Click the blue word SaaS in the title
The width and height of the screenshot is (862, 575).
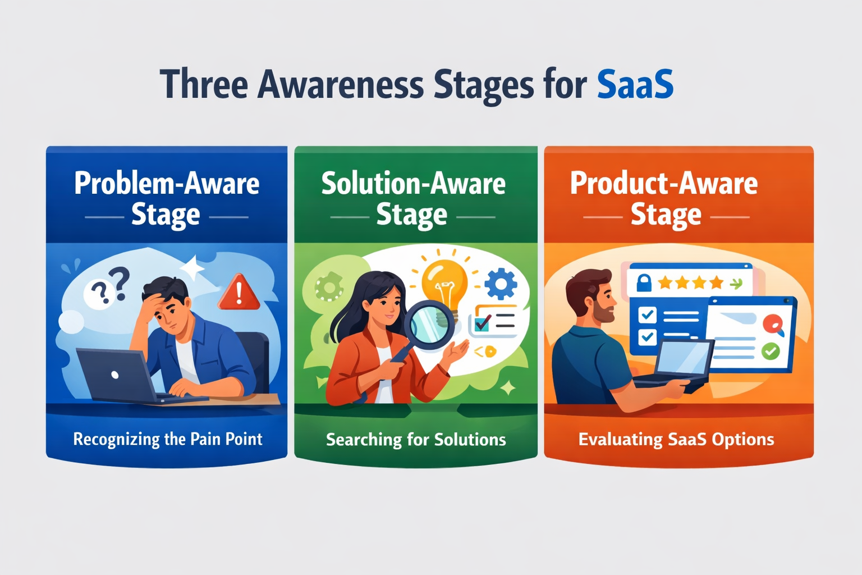pyautogui.click(x=635, y=84)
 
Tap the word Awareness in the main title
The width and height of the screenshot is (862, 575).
pyautogui.click(x=340, y=84)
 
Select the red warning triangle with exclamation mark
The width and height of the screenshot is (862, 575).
pyautogui.click(x=239, y=293)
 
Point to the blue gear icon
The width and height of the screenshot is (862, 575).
pyautogui.click(x=501, y=284)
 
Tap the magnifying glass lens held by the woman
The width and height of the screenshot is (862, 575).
pyautogui.click(x=429, y=325)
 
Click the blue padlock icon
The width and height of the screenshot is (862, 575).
pyautogui.click(x=644, y=282)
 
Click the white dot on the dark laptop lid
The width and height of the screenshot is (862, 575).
pyautogui.click(x=114, y=375)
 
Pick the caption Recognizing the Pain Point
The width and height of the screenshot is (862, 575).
pyautogui.click(x=168, y=440)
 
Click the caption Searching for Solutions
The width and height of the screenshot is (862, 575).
pyautogui.click(x=416, y=440)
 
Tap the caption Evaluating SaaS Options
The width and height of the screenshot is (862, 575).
pyautogui.click(x=676, y=440)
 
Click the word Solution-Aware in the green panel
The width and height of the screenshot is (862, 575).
pyautogui.click(x=413, y=183)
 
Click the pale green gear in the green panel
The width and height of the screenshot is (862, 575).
pyautogui.click(x=329, y=286)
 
